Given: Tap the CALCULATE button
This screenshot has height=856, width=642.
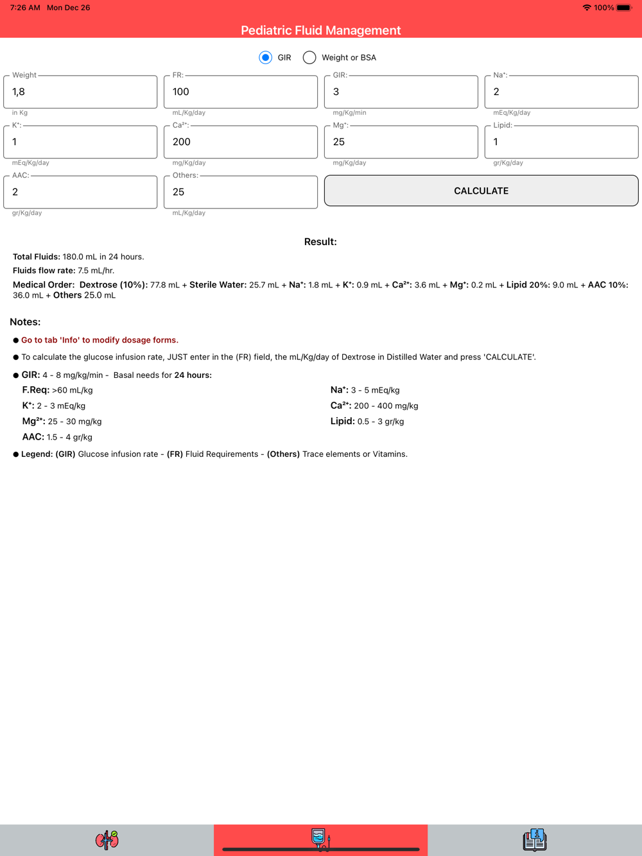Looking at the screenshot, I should pyautogui.click(x=481, y=191).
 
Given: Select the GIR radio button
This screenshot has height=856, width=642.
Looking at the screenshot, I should pyautogui.click(x=265, y=58).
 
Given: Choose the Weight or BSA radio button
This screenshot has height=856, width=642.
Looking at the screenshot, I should pyautogui.click(x=310, y=58).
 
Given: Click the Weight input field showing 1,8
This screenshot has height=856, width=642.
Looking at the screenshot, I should pyautogui.click(x=80, y=92).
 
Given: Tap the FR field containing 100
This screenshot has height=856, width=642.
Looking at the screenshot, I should pyautogui.click(x=241, y=92).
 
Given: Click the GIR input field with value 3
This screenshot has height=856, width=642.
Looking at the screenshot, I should pyautogui.click(x=401, y=92).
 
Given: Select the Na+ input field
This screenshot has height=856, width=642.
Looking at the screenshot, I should pyautogui.click(x=561, y=92).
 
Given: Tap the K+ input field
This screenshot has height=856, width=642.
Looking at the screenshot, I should pyautogui.click(x=80, y=142).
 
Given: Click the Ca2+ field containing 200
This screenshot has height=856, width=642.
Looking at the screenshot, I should pyautogui.click(x=241, y=142).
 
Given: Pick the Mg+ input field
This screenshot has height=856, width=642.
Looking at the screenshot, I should pyautogui.click(x=401, y=142).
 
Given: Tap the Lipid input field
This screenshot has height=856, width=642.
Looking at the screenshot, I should pyautogui.click(x=561, y=142).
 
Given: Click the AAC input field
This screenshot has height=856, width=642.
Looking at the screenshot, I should pyautogui.click(x=80, y=192).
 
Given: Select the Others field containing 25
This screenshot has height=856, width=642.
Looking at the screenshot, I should pyautogui.click(x=241, y=192).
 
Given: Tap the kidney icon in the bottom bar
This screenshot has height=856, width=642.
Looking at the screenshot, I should pyautogui.click(x=107, y=839).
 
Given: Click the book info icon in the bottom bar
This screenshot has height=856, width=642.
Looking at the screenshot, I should pyautogui.click(x=535, y=839).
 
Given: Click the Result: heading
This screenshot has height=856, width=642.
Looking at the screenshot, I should pyautogui.click(x=320, y=242).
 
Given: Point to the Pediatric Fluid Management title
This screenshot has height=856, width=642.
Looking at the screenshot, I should pyautogui.click(x=320, y=30).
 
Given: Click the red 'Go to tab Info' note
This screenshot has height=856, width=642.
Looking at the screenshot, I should pyautogui.click(x=100, y=340).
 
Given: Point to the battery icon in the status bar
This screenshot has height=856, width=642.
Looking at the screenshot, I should pyautogui.click(x=623, y=8).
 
